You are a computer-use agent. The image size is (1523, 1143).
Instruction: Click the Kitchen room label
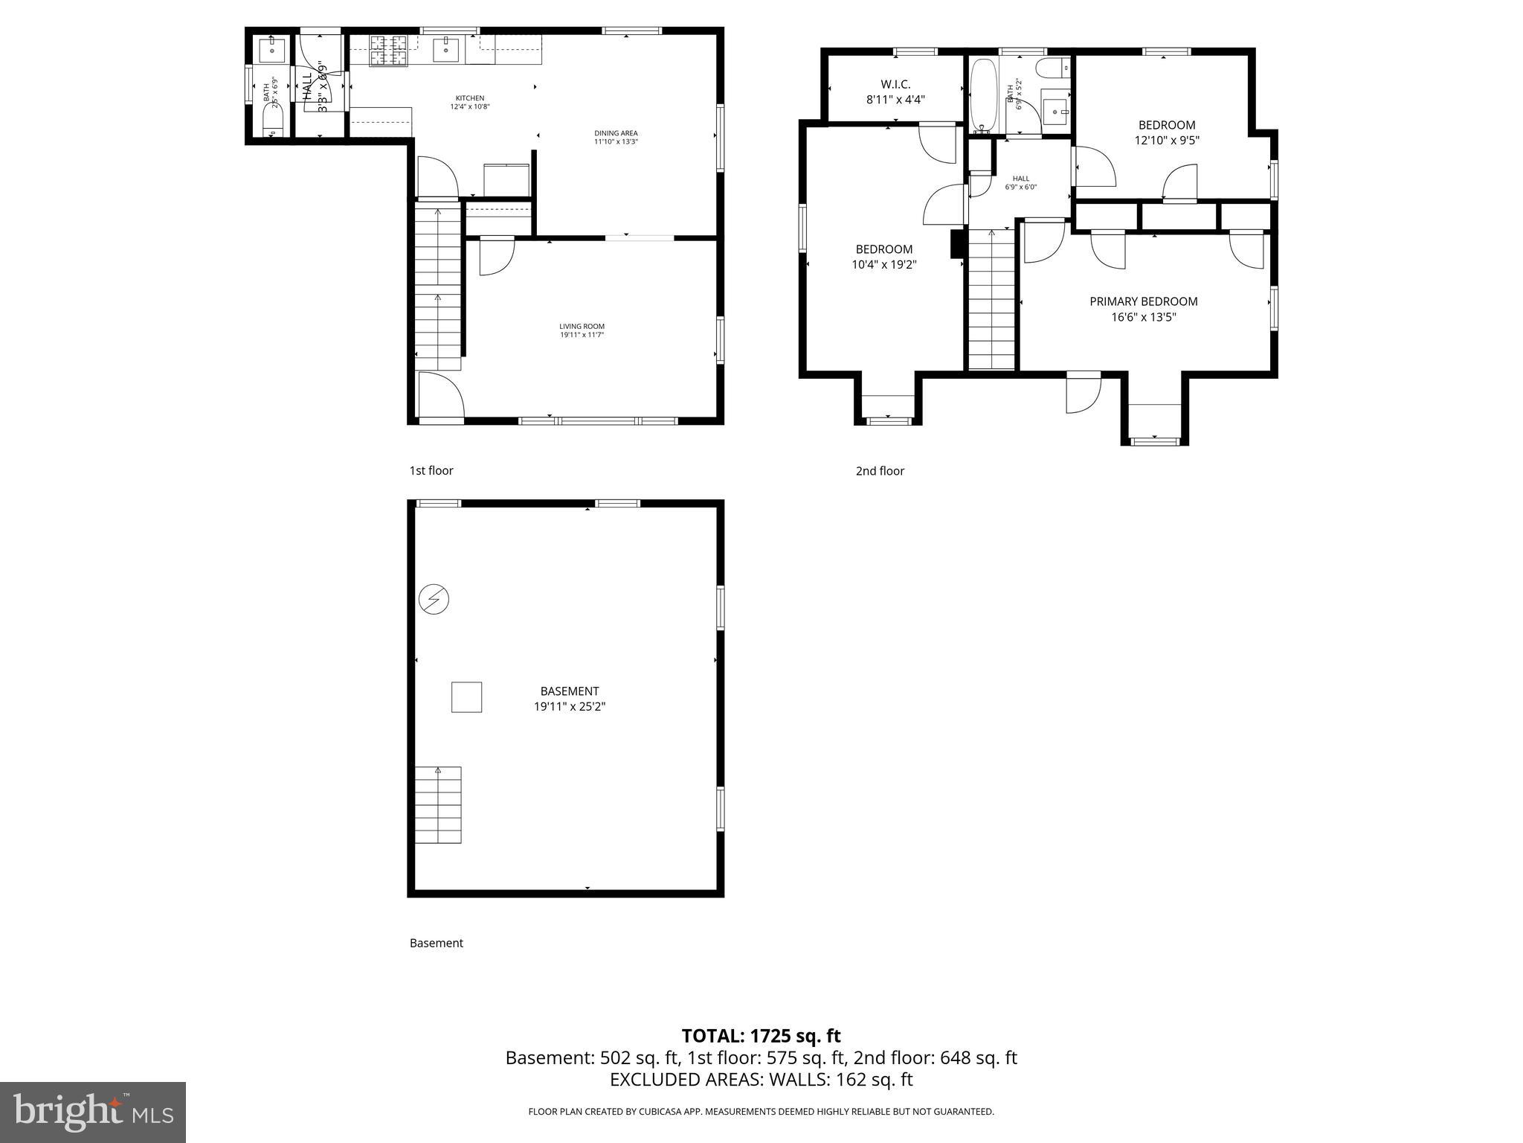click(469, 98)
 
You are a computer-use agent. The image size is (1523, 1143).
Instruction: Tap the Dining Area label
click(616, 133)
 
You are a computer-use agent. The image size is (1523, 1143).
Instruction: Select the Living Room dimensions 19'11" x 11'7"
click(582, 335)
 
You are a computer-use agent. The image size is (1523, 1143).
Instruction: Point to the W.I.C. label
click(895, 85)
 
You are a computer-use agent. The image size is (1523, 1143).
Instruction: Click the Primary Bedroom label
click(1143, 301)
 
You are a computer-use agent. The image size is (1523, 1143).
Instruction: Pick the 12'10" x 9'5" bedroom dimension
click(1167, 140)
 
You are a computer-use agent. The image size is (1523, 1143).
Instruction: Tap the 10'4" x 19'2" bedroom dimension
click(883, 263)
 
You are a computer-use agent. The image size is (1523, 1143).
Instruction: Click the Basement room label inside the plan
click(570, 691)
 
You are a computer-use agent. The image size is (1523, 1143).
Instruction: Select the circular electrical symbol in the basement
click(434, 599)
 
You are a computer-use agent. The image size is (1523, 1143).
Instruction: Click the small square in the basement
click(466, 697)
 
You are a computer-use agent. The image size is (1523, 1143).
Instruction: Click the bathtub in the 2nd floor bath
click(983, 95)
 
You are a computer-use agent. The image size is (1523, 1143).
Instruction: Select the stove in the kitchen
click(388, 50)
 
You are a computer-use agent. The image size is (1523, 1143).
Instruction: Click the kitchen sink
click(448, 50)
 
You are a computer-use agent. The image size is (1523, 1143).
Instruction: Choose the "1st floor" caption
click(431, 470)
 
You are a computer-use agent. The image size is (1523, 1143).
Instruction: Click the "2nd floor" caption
click(880, 471)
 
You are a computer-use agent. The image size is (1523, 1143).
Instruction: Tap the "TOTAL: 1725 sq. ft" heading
click(761, 1036)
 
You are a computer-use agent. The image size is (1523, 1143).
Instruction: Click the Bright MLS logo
click(93, 1112)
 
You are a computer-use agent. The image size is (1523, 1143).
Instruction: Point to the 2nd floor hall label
click(1020, 179)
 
